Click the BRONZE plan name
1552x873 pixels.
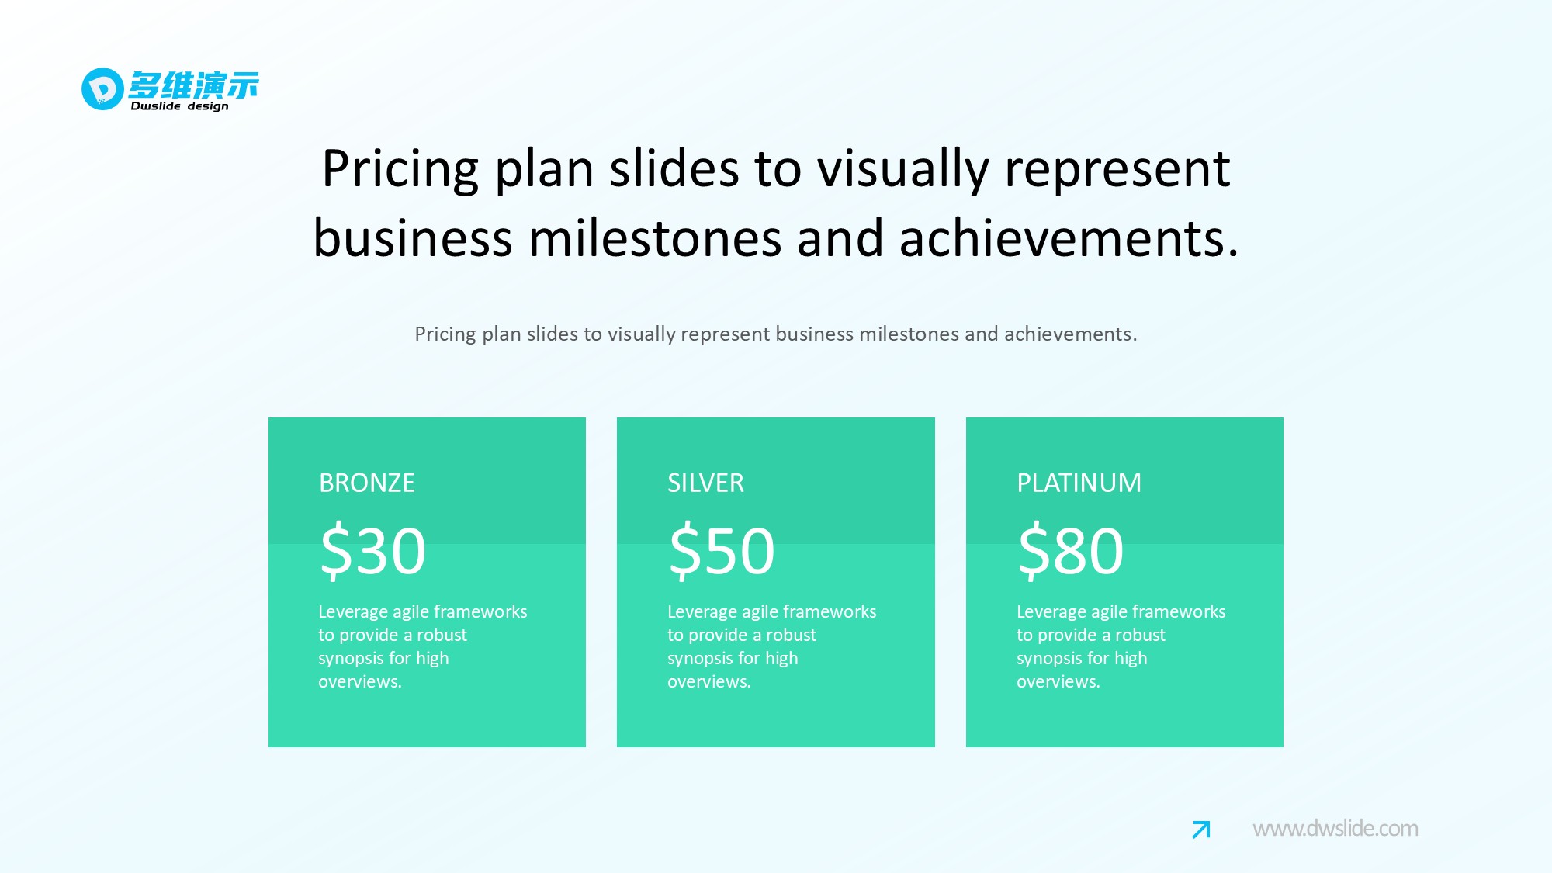click(367, 483)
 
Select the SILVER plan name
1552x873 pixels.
click(705, 483)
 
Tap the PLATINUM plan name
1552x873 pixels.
click(1079, 483)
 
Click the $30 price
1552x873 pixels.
click(373, 550)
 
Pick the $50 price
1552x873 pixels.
click(722, 550)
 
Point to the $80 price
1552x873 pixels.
click(1071, 550)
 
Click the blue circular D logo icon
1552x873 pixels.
click(102, 88)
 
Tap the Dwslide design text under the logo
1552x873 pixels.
click(180, 106)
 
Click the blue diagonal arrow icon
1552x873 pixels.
click(1201, 830)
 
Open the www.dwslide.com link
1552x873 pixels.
click(1335, 829)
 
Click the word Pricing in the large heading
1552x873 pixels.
click(400, 169)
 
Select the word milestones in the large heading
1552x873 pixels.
click(655, 237)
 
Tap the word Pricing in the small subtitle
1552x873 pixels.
click(445, 334)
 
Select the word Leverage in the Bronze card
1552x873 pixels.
click(347, 612)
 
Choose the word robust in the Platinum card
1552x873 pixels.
click(1140, 635)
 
